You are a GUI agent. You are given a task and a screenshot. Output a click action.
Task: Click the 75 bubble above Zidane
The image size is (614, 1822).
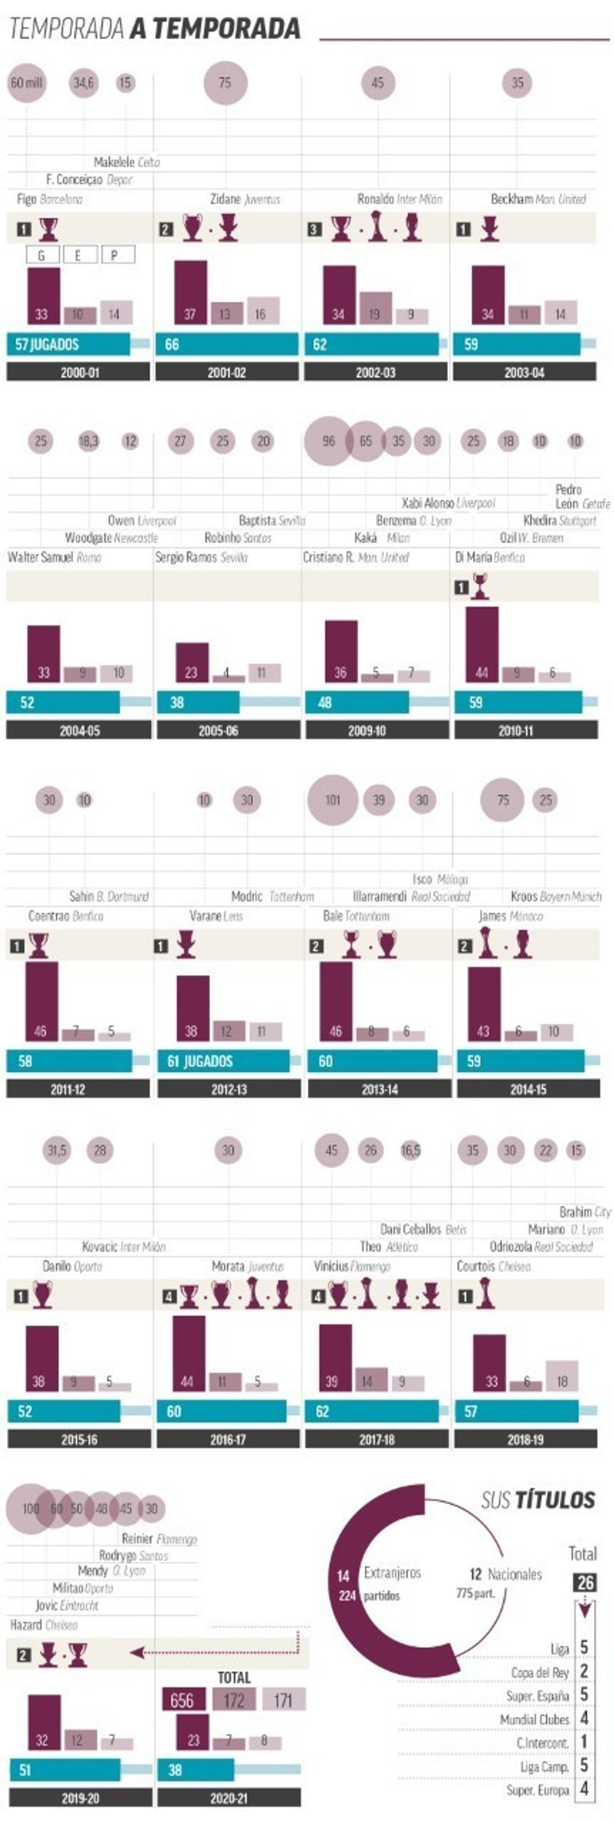coord(225,83)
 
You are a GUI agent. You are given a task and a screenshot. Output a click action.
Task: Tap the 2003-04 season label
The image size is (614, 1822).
coord(524,372)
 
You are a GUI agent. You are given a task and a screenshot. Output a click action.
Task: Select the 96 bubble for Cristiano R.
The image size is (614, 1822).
coord(328,441)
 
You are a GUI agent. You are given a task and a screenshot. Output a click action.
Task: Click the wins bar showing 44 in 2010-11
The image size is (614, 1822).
coord(482,644)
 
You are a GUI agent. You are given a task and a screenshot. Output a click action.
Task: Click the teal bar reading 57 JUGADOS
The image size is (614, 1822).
coord(69,344)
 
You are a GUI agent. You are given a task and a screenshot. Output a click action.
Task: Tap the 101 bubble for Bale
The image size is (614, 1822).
coord(333,800)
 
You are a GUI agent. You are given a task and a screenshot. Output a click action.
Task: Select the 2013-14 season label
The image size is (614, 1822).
coord(379,1089)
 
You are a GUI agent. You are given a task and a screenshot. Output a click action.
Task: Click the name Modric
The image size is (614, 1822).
coord(247,896)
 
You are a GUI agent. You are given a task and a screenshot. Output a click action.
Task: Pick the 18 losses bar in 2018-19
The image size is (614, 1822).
coord(561,1375)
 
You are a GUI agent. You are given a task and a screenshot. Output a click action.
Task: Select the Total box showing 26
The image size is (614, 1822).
coord(585,1582)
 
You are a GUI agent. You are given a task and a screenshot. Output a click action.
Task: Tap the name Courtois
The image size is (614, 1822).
coord(476,1266)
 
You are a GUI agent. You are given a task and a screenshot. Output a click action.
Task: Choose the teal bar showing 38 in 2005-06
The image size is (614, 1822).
coord(198,703)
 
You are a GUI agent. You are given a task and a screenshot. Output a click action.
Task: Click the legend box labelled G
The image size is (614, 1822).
coord(43,255)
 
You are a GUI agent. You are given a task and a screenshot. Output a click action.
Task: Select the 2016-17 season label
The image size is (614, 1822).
coord(228,1439)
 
